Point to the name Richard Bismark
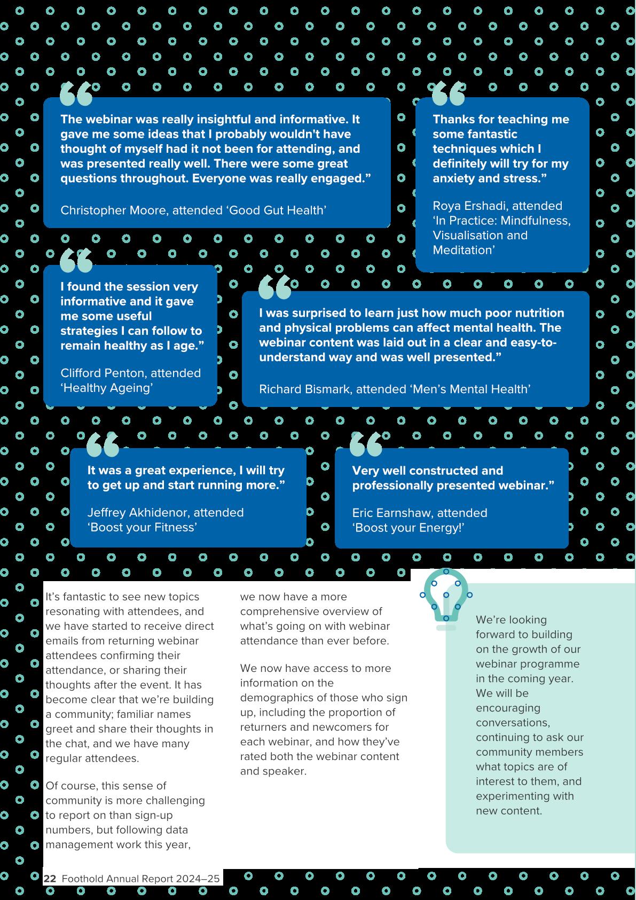(305, 389)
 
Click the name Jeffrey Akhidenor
(138, 513)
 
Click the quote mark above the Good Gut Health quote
(76, 94)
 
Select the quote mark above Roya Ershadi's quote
(448, 94)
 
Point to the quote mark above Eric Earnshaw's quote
(366, 444)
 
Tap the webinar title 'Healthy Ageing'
(107, 388)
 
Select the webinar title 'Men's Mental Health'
(470, 389)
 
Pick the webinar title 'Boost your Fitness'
(143, 528)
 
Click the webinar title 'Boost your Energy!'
(408, 528)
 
